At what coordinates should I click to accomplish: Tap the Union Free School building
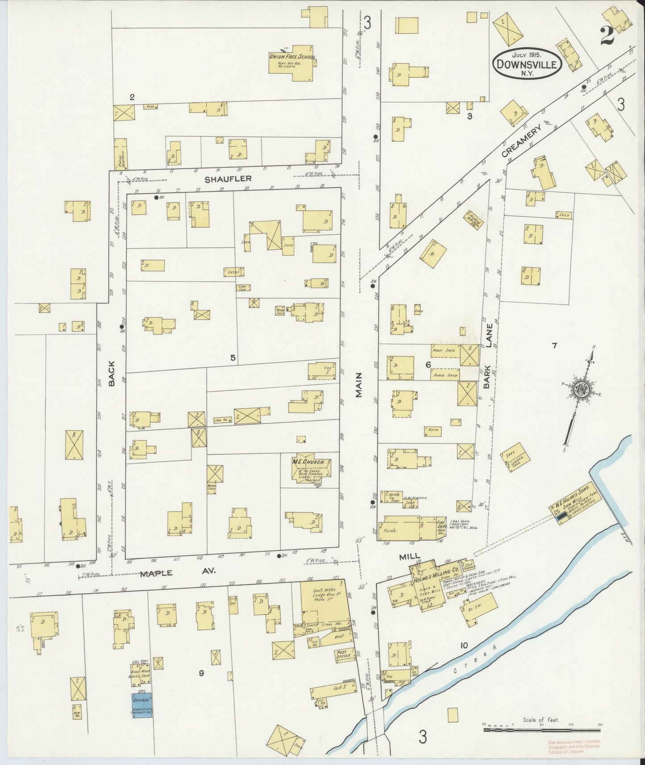(292, 62)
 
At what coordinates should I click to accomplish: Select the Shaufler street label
(228, 179)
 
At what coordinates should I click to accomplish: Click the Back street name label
(112, 374)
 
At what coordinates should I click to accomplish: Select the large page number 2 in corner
(608, 36)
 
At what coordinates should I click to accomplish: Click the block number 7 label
(554, 345)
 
